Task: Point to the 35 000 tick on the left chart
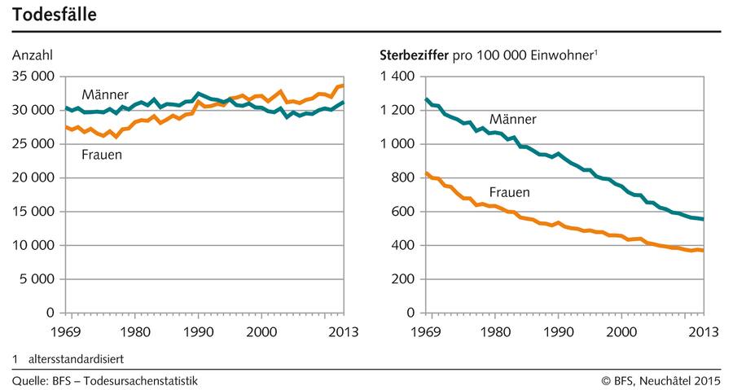33,77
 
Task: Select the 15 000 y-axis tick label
33,212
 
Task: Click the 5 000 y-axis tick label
37,279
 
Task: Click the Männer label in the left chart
105,95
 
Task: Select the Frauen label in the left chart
102,155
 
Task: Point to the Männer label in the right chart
512,120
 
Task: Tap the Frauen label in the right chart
510,193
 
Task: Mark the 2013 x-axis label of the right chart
704,332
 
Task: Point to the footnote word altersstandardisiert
78,358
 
